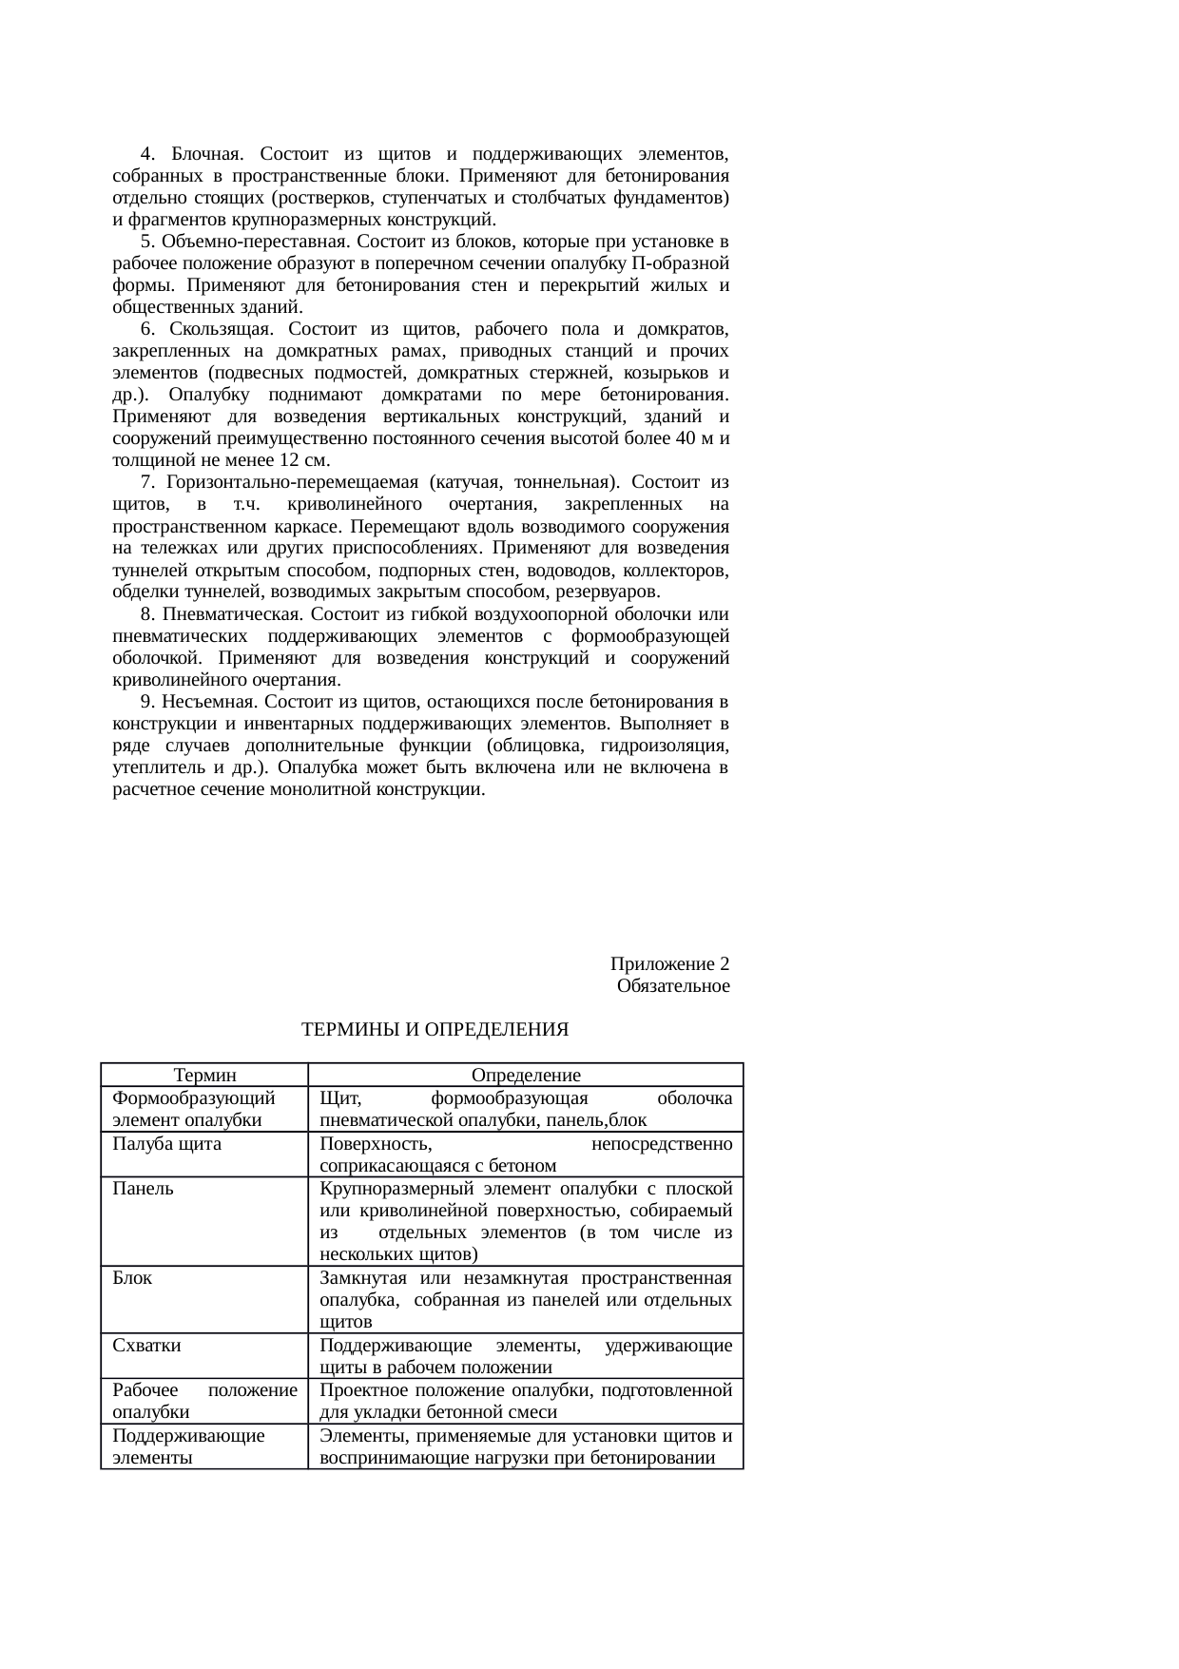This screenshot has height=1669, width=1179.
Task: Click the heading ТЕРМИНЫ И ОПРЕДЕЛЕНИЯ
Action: (435, 1030)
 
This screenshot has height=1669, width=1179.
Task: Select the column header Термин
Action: (204, 1076)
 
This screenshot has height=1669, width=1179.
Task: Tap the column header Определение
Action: (526, 1076)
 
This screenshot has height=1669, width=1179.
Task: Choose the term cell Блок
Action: (132, 1278)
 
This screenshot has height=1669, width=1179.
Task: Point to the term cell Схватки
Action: (146, 1346)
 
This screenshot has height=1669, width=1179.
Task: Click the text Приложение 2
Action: (669, 964)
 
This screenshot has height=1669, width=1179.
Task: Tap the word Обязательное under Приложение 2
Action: (673, 986)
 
